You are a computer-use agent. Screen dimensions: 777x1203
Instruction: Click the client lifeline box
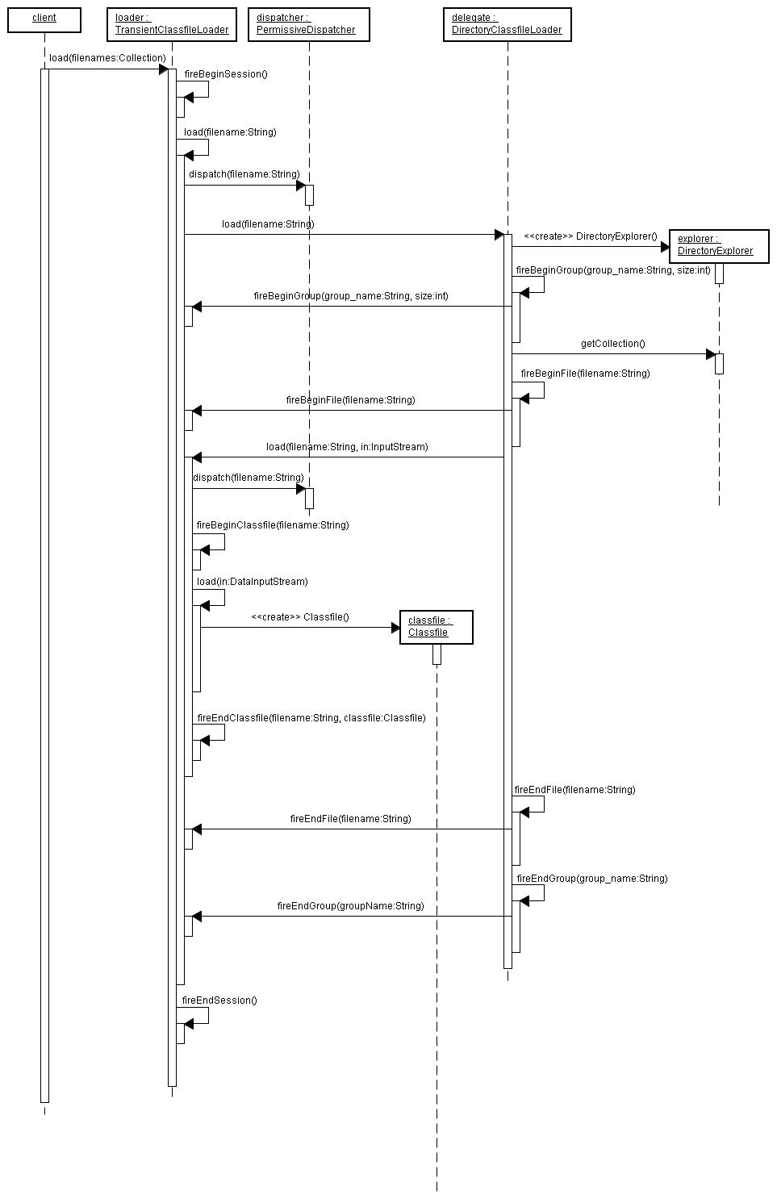pyautogui.click(x=44, y=20)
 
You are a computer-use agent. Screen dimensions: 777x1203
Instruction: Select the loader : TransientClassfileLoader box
pyautogui.click(x=172, y=24)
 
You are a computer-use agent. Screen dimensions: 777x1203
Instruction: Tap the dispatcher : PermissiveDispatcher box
pyautogui.click(x=309, y=24)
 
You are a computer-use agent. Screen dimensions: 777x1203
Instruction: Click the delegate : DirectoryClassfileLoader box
pyautogui.click(x=507, y=24)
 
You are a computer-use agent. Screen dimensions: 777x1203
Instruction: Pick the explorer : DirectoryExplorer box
pyautogui.click(x=719, y=247)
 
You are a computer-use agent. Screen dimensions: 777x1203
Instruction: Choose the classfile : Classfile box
pyautogui.click(x=436, y=627)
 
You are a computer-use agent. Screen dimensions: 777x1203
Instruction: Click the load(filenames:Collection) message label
pyautogui.click(x=107, y=58)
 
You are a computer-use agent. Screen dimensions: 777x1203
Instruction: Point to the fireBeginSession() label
pyautogui.click(x=226, y=74)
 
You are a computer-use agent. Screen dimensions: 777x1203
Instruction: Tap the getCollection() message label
pyautogui.click(x=612, y=344)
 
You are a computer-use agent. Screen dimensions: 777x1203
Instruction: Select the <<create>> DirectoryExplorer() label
pyautogui.click(x=590, y=236)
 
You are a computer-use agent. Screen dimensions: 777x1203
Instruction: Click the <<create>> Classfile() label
pyautogui.click(x=299, y=617)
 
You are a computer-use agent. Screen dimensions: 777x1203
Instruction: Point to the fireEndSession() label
pyautogui.click(x=219, y=1000)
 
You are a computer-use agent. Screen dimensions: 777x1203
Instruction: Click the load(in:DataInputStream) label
pyautogui.click(x=253, y=582)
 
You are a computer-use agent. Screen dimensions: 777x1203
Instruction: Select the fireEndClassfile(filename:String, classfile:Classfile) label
pyautogui.click(x=311, y=718)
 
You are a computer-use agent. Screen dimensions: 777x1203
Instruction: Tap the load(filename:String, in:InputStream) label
pyautogui.click(x=347, y=447)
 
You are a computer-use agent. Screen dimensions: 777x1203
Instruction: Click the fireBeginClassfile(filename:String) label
pyautogui.click(x=273, y=525)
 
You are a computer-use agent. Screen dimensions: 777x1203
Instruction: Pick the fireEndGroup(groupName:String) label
pyautogui.click(x=351, y=906)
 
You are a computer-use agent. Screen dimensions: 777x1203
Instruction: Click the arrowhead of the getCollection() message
pyautogui.click(x=711, y=354)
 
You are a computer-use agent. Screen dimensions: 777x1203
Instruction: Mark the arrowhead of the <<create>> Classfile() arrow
pyautogui.click(x=395, y=627)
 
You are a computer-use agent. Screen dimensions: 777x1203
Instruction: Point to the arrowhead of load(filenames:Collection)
pyautogui.click(x=164, y=69)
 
